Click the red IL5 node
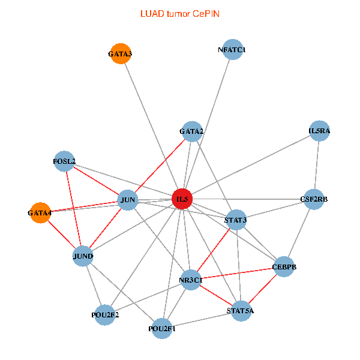(182, 199)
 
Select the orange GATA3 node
(121, 54)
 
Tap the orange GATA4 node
(40, 213)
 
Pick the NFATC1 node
(233, 50)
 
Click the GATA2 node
(192, 131)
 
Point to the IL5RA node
(319, 131)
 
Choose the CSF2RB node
(314, 199)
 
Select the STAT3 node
(236, 220)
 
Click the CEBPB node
(284, 267)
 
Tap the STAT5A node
(241, 311)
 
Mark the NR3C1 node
(191, 280)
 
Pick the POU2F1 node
(162, 329)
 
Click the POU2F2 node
(105, 315)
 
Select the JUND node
(83, 256)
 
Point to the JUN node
(128, 200)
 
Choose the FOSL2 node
(64, 161)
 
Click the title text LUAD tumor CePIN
(180, 14)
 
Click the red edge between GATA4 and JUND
(62, 235)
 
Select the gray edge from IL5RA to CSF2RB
(317, 165)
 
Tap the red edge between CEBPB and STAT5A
(263, 289)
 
